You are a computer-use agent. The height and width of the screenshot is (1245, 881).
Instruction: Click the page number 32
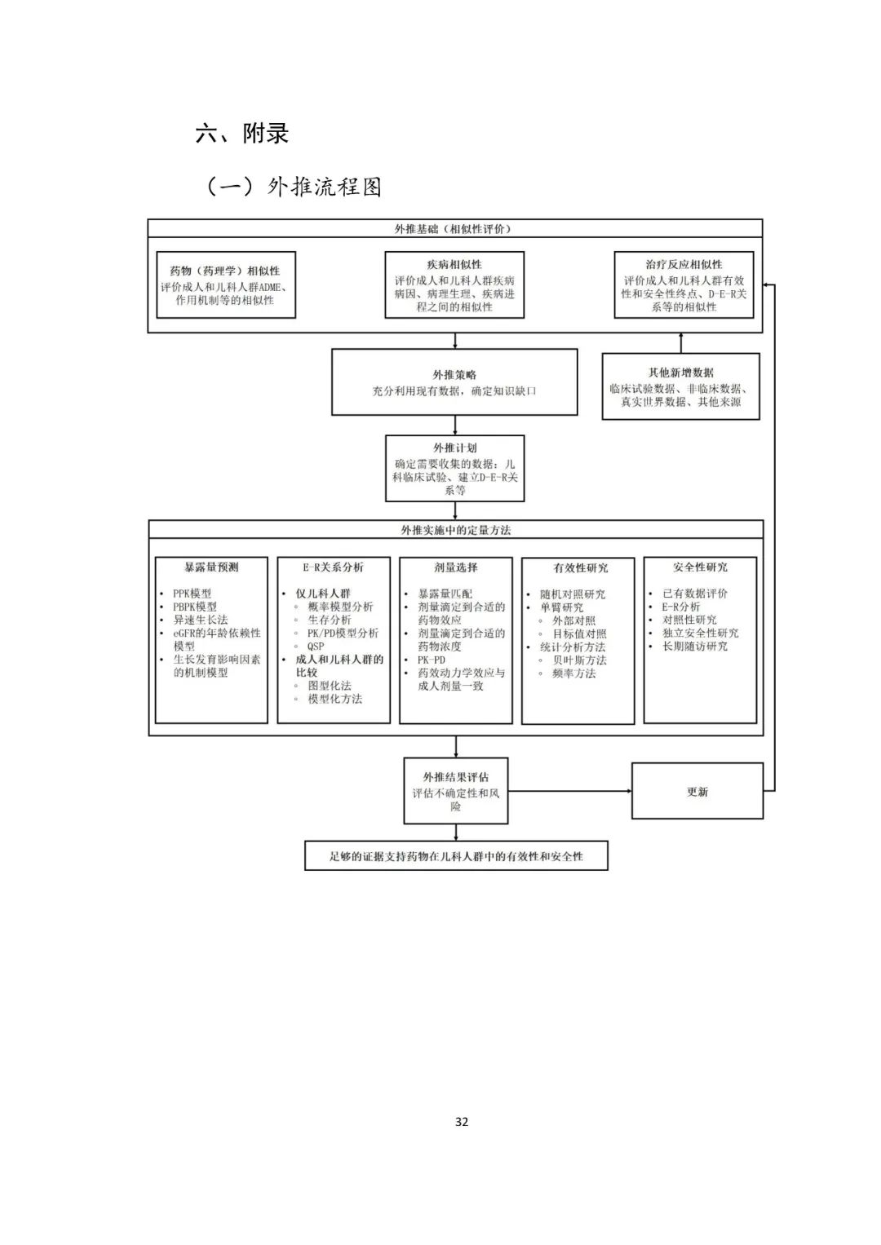tap(462, 1122)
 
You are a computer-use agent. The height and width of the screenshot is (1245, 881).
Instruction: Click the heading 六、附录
tap(242, 133)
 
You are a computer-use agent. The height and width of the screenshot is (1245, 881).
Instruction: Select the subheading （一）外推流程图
tap(293, 187)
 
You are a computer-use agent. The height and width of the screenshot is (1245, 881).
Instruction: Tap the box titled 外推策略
tap(454, 382)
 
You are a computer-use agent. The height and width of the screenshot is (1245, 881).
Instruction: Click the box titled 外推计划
tap(454, 468)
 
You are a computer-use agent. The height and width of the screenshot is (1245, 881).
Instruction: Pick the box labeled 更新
tap(697, 792)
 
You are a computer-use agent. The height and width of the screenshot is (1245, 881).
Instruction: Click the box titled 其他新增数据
tap(680, 386)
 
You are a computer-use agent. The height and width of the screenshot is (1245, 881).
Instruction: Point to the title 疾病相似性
tap(454, 265)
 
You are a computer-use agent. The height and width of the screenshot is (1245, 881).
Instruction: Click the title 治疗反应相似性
tap(684, 265)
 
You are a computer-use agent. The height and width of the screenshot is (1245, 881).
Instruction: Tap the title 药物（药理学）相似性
tap(225, 271)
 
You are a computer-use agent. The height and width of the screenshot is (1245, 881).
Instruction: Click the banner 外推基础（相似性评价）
tap(454, 229)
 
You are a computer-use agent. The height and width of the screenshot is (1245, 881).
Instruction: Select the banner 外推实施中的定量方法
tap(455, 530)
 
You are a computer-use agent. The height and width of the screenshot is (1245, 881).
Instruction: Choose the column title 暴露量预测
tap(211, 567)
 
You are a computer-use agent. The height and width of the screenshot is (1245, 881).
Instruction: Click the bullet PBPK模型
tap(195, 607)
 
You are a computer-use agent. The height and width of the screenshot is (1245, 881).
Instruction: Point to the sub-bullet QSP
tap(316, 647)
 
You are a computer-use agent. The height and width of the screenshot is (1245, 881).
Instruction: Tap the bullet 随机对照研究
tap(573, 594)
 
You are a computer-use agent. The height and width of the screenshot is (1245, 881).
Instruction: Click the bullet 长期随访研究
tap(695, 647)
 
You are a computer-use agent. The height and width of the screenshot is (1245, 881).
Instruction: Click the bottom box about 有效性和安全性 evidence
tap(456, 856)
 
